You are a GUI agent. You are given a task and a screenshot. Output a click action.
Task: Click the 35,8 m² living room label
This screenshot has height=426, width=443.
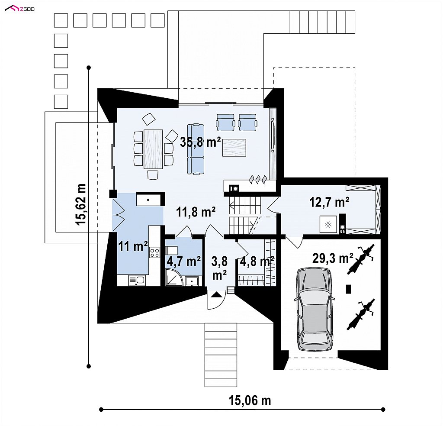(x=200, y=142)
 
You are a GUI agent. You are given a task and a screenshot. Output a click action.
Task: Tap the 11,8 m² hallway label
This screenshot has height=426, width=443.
(x=196, y=211)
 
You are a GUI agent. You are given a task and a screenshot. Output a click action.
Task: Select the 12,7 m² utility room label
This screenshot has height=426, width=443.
(x=329, y=202)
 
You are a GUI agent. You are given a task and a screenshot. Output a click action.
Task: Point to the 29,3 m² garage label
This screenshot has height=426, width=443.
(x=333, y=258)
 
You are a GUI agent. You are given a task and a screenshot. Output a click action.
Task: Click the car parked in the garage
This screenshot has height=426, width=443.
(x=314, y=309)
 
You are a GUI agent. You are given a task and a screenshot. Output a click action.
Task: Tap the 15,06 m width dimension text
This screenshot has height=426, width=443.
(x=250, y=400)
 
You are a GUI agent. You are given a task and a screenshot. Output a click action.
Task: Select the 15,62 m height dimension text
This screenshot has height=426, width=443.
(x=81, y=204)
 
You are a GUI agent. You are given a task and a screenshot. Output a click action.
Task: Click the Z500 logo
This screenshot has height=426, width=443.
(x=20, y=9)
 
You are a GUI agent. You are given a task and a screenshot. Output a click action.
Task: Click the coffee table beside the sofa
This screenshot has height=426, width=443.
(x=234, y=148)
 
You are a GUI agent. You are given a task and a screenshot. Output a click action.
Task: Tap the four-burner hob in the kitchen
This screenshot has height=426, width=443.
(x=154, y=252)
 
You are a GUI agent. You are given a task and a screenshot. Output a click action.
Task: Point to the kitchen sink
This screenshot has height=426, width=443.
(x=137, y=281)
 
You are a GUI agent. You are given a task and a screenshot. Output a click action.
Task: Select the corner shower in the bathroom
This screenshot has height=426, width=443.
(x=174, y=277)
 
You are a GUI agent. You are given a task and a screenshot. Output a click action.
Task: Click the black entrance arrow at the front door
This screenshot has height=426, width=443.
(x=216, y=295)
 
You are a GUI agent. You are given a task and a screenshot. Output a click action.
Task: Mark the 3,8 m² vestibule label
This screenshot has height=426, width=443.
(x=219, y=268)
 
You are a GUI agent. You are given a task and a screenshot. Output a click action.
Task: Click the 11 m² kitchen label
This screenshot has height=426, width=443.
(x=133, y=246)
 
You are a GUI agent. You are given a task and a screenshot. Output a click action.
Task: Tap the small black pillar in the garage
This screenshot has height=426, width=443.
(x=349, y=289)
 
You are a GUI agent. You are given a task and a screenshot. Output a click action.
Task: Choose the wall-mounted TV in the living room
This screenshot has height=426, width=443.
(x=273, y=136)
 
